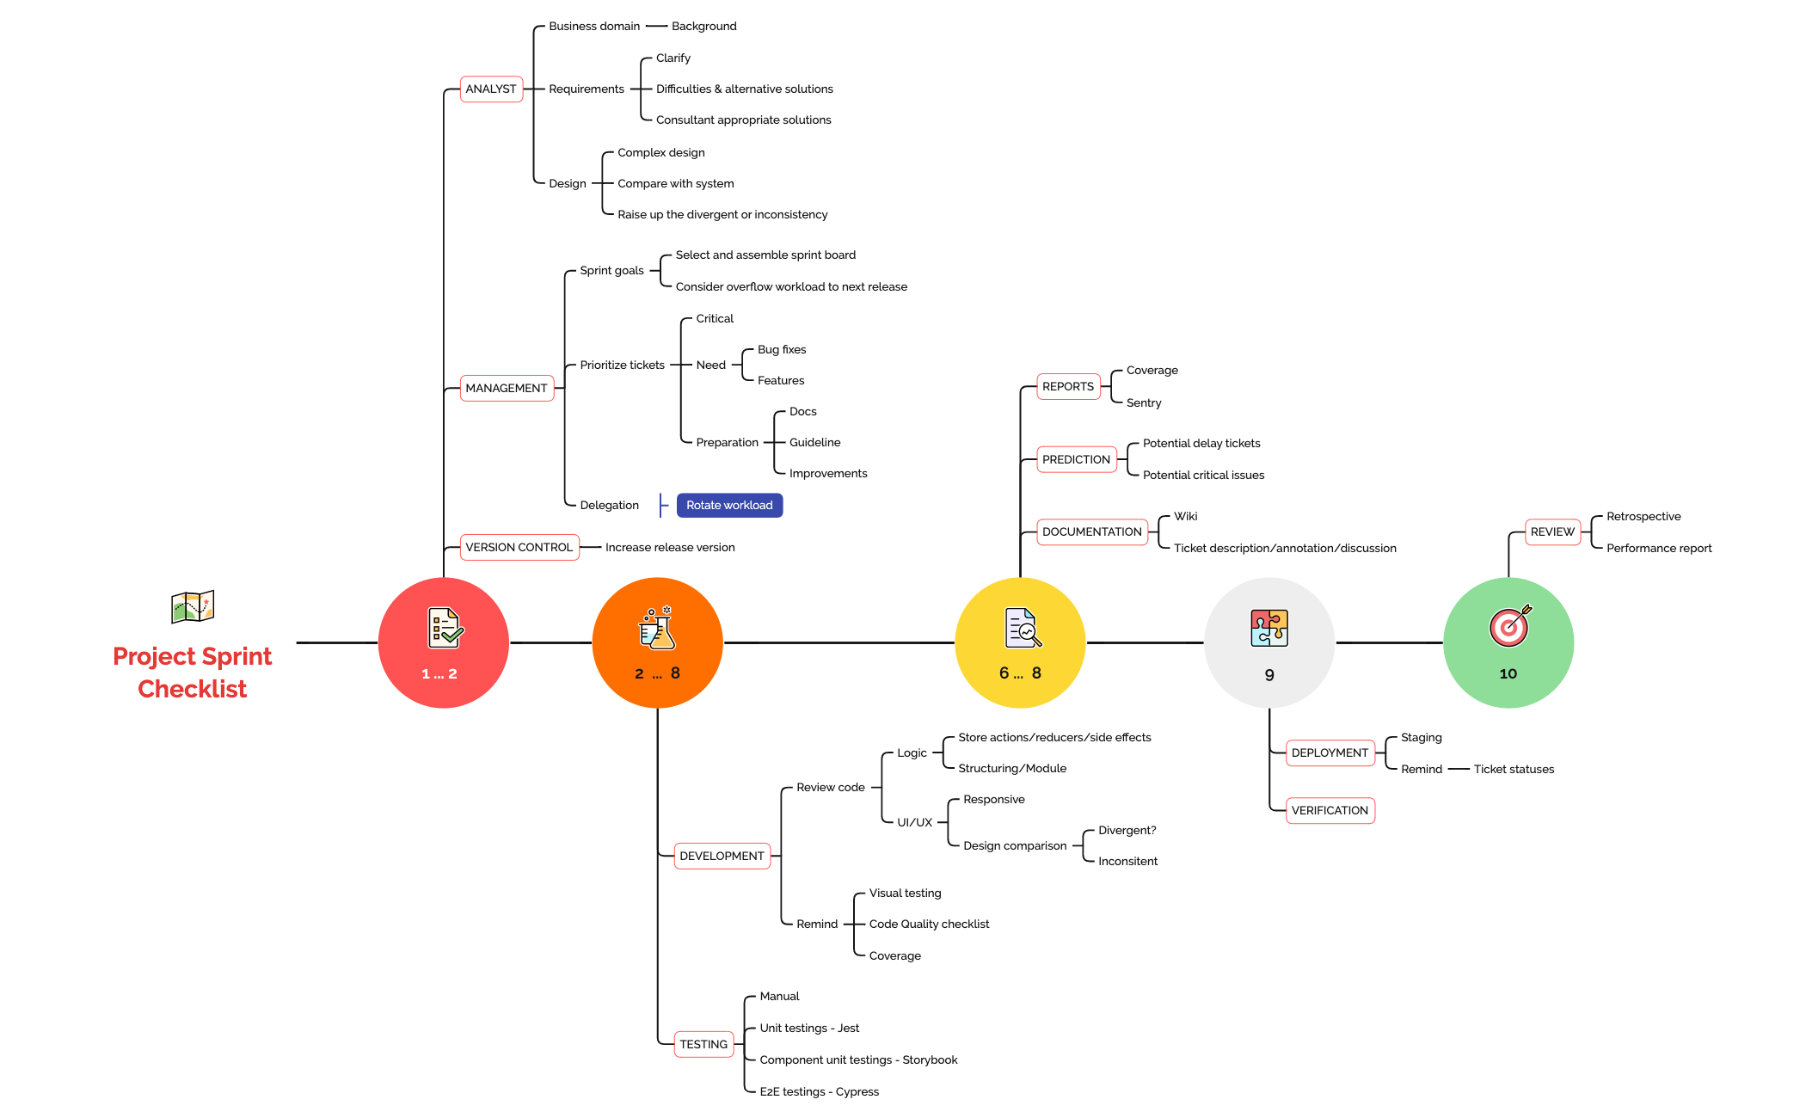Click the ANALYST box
click(x=491, y=89)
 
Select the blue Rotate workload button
click(x=729, y=506)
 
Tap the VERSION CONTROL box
click(x=519, y=548)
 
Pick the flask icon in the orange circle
click(x=658, y=629)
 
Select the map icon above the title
click(x=193, y=607)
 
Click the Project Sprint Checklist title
click(x=193, y=673)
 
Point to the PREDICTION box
click(x=1076, y=460)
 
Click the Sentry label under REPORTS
click(x=1143, y=403)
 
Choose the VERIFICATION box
click(x=1330, y=811)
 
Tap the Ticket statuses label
click(x=1514, y=770)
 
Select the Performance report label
click(x=1658, y=549)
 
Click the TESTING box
click(x=703, y=1045)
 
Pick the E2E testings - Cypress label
click(x=819, y=1092)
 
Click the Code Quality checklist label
click(x=929, y=924)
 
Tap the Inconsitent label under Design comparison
click(x=1127, y=862)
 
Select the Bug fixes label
click(x=781, y=350)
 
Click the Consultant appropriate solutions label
click(x=743, y=120)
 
